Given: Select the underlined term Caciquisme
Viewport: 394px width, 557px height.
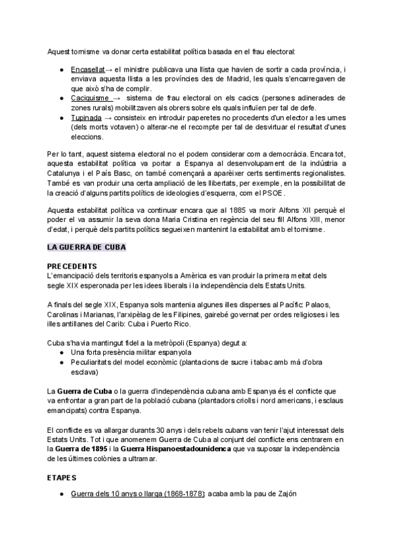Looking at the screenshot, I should coord(90,99).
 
